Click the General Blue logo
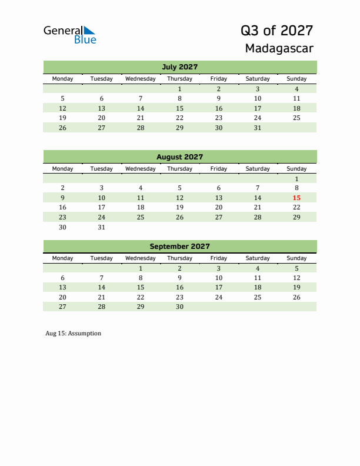point(69,35)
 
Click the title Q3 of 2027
point(276,31)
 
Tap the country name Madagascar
point(279,48)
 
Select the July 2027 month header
point(179,66)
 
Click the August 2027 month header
point(179,157)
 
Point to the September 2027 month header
point(179,247)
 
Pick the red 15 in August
point(296,198)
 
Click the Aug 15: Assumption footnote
point(73,334)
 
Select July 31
point(257,127)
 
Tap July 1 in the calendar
point(179,89)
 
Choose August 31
point(102,227)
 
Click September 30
point(179,307)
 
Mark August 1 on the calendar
point(296,179)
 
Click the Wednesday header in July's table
point(141,79)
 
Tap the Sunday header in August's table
point(296,169)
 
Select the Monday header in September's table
point(63,258)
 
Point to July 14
point(141,108)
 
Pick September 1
point(141,268)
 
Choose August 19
point(179,207)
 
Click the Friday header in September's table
point(218,258)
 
